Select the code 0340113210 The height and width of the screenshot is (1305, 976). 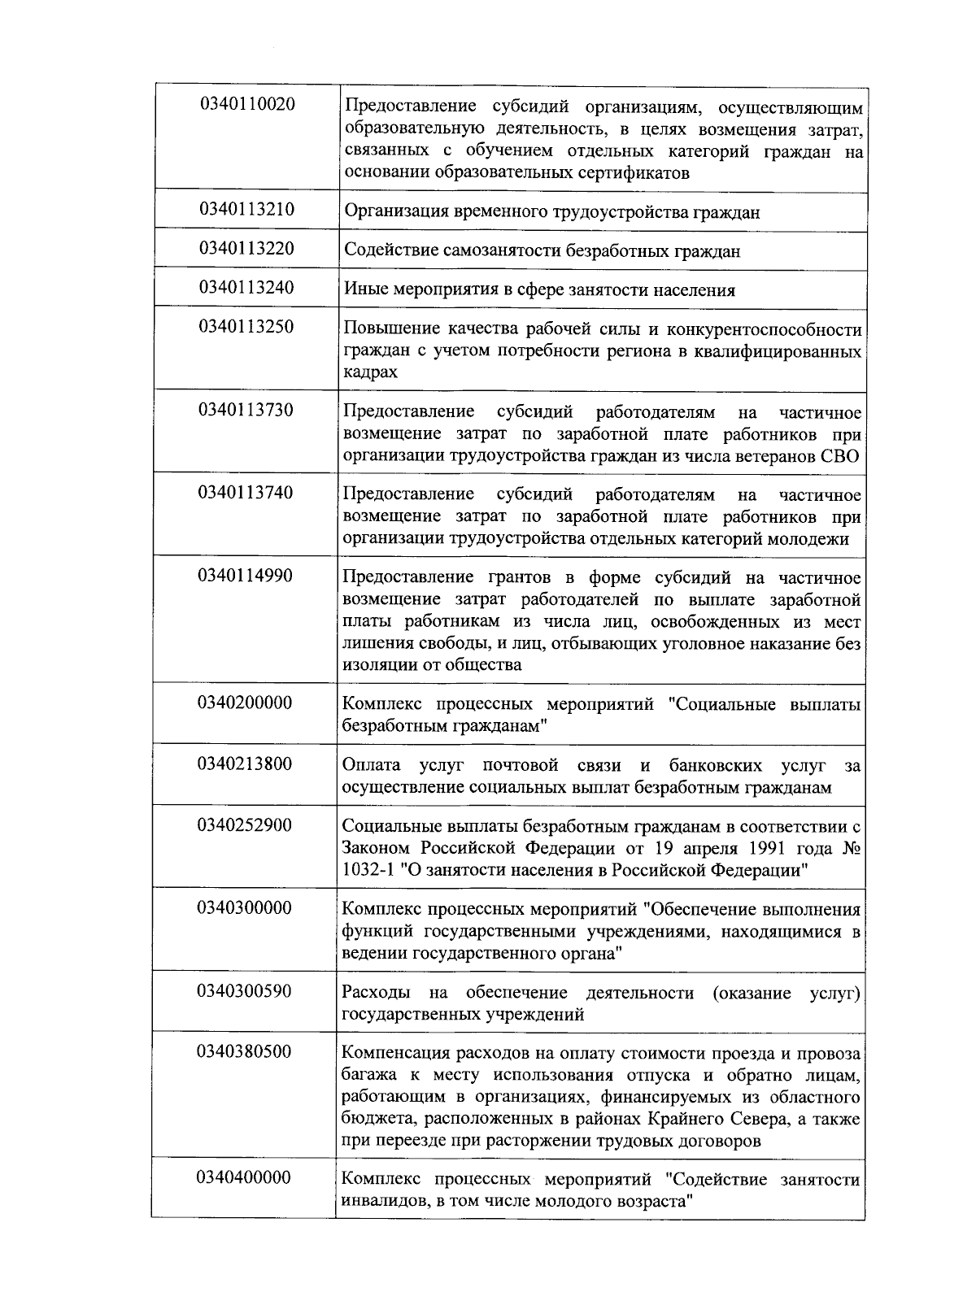[x=246, y=210]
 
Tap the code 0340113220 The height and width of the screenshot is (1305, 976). [x=246, y=249]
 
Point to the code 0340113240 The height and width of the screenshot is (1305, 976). [x=246, y=288]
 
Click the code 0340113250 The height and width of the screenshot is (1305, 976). [x=246, y=327]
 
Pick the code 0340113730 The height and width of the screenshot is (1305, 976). [x=246, y=410]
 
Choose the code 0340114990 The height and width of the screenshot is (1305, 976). [x=246, y=576]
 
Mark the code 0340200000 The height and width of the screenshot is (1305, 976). [x=245, y=703]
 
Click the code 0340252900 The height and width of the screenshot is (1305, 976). [x=245, y=825]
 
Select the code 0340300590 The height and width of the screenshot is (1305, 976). [x=245, y=991]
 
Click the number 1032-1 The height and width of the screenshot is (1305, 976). [x=369, y=871]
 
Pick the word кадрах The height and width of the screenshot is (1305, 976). [x=370, y=372]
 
